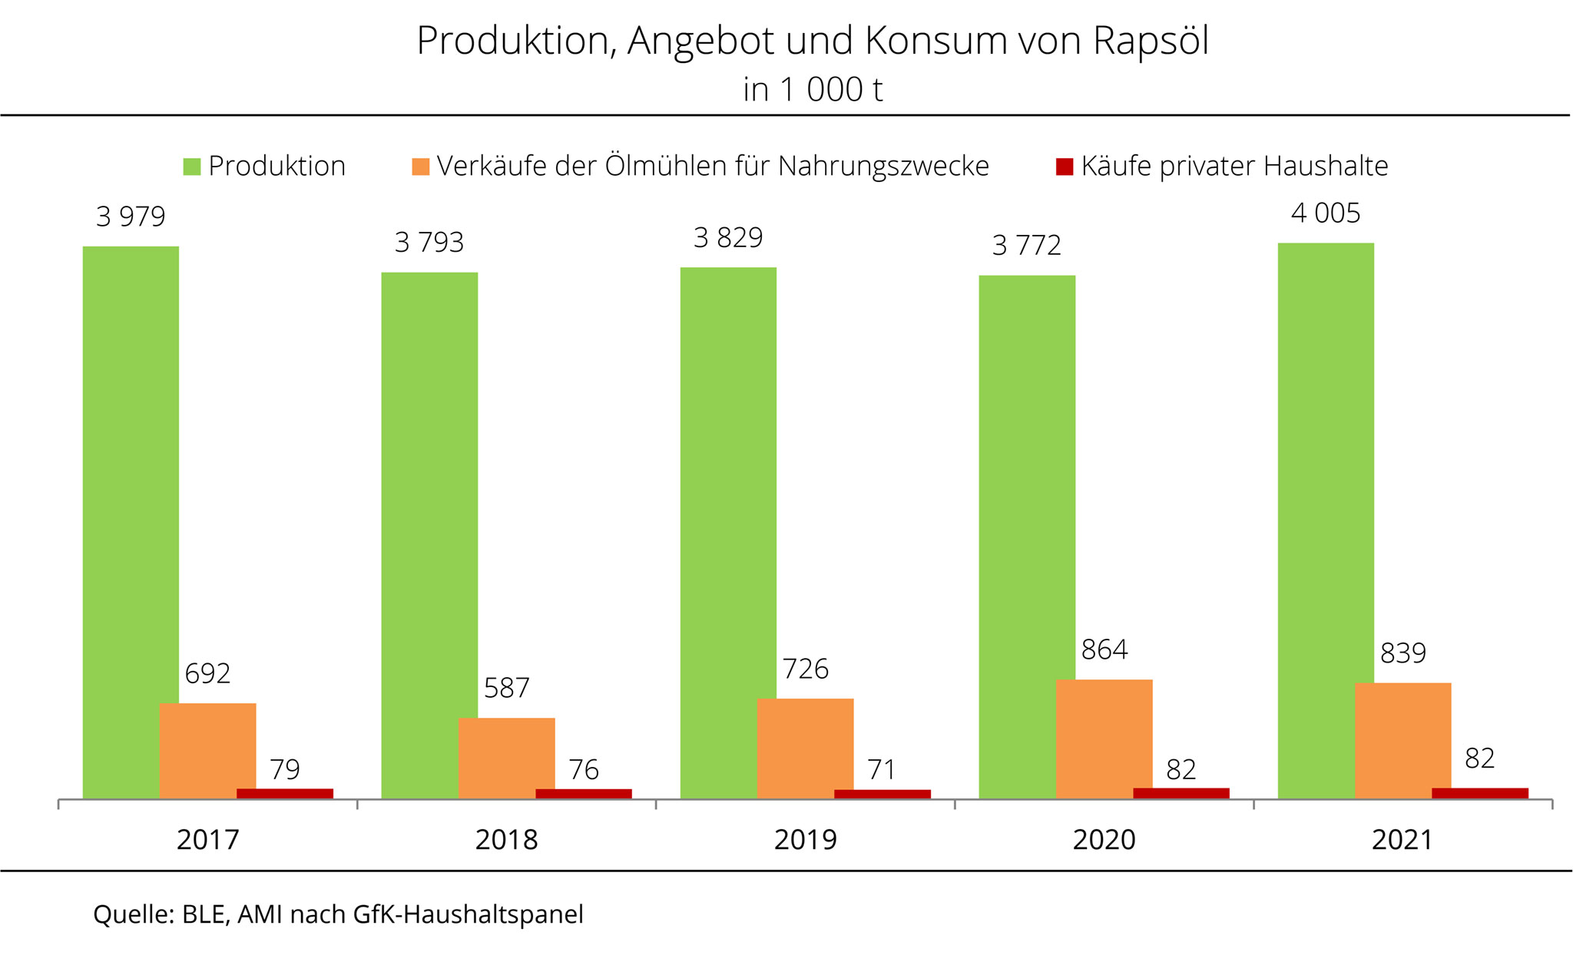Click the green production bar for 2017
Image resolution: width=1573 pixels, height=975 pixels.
tap(131, 522)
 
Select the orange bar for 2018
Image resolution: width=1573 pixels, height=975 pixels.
tap(506, 758)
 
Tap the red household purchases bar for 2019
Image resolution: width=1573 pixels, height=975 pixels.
tap(882, 794)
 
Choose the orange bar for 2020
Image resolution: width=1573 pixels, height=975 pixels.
tap(1104, 739)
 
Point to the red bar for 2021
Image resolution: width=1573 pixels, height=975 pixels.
tap(1479, 793)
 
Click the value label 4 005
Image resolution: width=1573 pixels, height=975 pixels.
tap(1326, 213)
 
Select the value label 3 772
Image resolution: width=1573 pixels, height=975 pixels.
tap(1027, 246)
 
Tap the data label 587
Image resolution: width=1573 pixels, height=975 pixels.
tap(506, 688)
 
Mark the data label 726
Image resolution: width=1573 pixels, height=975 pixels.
tap(805, 669)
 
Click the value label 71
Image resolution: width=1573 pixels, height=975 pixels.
tap(882, 769)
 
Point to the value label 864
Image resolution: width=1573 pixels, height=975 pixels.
tap(1104, 650)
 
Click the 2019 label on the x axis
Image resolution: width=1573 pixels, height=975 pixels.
tap(805, 840)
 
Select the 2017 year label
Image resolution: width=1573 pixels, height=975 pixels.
tap(207, 840)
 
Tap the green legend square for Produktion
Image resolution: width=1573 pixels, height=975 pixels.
tap(192, 167)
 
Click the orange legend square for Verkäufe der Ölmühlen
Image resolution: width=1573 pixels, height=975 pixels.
tap(421, 167)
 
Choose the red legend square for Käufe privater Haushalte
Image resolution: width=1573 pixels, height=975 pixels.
tap(1065, 167)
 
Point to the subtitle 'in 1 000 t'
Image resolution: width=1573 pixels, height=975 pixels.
tap(813, 91)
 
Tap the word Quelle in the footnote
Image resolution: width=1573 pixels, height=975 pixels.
tap(131, 914)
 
